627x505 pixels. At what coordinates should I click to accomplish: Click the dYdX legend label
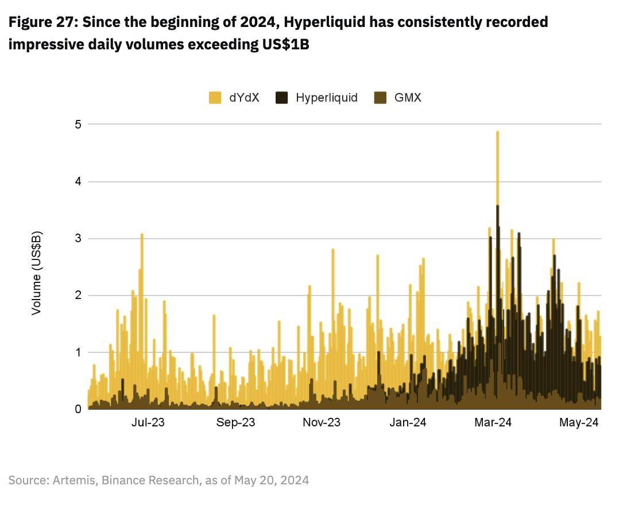[x=244, y=98]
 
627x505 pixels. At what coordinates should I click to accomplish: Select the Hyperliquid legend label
[x=326, y=98]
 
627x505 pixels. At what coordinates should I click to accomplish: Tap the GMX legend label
[x=408, y=98]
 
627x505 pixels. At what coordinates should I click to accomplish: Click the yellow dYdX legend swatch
[x=215, y=98]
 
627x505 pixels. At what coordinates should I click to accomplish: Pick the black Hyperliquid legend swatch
[x=282, y=98]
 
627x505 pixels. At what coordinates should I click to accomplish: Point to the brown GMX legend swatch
[x=380, y=98]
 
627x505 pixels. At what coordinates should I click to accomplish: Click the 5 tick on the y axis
[x=77, y=125]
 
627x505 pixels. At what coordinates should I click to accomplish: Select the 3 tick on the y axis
[x=77, y=238]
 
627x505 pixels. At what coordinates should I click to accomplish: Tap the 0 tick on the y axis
[x=77, y=409]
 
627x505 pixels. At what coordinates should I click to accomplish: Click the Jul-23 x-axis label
[x=148, y=423]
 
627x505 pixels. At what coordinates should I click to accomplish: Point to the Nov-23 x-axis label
[x=322, y=423]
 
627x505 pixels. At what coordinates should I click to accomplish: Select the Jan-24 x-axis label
[x=408, y=423]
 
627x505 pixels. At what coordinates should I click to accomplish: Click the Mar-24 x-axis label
[x=493, y=423]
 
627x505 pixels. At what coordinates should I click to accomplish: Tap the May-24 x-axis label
[x=579, y=423]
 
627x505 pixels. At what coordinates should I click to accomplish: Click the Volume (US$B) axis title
[x=36, y=273]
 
